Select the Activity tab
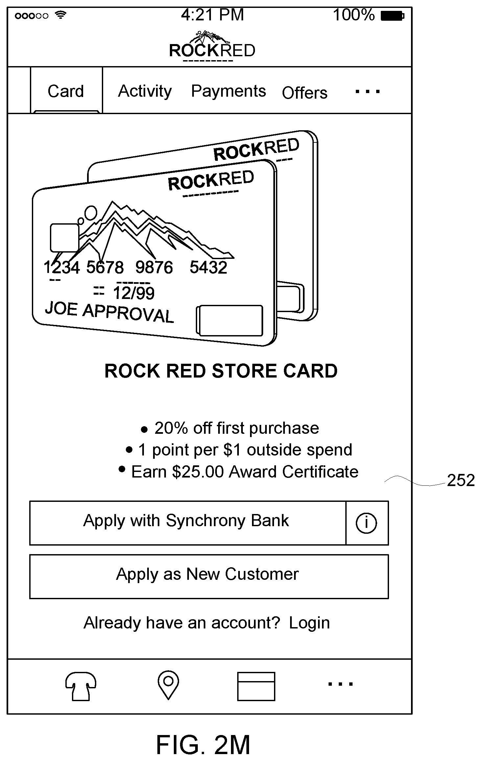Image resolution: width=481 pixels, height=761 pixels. click(x=145, y=91)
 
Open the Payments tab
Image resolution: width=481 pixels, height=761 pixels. click(x=228, y=91)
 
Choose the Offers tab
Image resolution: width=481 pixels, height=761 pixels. click(x=305, y=93)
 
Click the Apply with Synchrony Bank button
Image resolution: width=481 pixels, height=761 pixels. click(x=188, y=523)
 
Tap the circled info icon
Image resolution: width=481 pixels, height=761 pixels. click(x=366, y=523)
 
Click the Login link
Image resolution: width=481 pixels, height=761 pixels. click(x=309, y=623)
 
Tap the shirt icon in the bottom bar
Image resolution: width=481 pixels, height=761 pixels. click(x=81, y=686)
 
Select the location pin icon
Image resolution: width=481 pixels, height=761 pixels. click(x=168, y=685)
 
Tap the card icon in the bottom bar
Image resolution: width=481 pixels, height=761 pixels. click(x=256, y=686)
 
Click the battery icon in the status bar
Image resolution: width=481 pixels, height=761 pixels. click(x=392, y=16)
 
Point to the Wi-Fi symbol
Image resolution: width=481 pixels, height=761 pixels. click(x=60, y=15)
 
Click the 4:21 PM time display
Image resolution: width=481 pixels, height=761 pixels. click(x=213, y=15)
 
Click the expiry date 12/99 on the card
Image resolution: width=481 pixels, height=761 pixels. click(x=133, y=293)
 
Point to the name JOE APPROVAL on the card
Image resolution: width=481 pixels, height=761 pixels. click(x=109, y=312)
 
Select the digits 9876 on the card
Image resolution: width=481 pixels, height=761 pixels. click(x=154, y=267)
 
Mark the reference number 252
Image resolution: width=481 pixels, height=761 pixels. click(x=461, y=480)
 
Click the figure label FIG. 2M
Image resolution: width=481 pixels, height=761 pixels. click(x=203, y=745)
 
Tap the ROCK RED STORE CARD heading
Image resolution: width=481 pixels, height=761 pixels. click(x=221, y=371)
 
